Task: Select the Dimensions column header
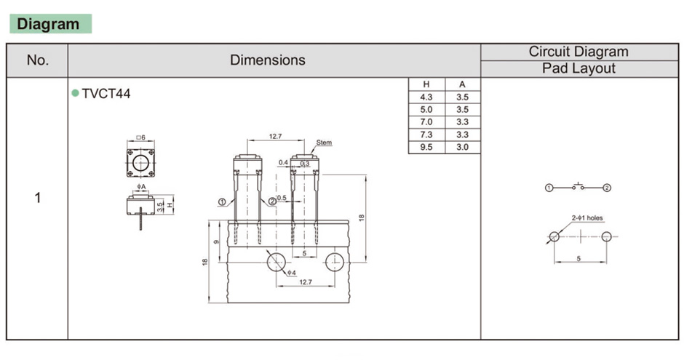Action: pos(268,60)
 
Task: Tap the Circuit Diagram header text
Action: pos(578,52)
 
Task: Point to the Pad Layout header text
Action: pos(578,68)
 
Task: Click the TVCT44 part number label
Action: pos(106,94)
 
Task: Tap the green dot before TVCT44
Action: pos(75,93)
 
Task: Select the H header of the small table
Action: pos(426,84)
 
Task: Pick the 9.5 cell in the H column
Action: pos(426,147)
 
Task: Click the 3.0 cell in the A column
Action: pos(462,147)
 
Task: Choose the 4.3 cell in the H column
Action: pos(426,97)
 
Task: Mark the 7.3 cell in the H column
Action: pos(426,135)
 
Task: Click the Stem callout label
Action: pos(324,143)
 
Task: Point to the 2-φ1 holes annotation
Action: pos(587,217)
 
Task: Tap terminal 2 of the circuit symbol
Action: pos(607,188)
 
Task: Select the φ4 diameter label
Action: pos(291,273)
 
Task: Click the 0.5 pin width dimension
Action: pos(282,197)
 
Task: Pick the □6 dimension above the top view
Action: pos(141,137)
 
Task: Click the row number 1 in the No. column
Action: pos(38,198)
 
